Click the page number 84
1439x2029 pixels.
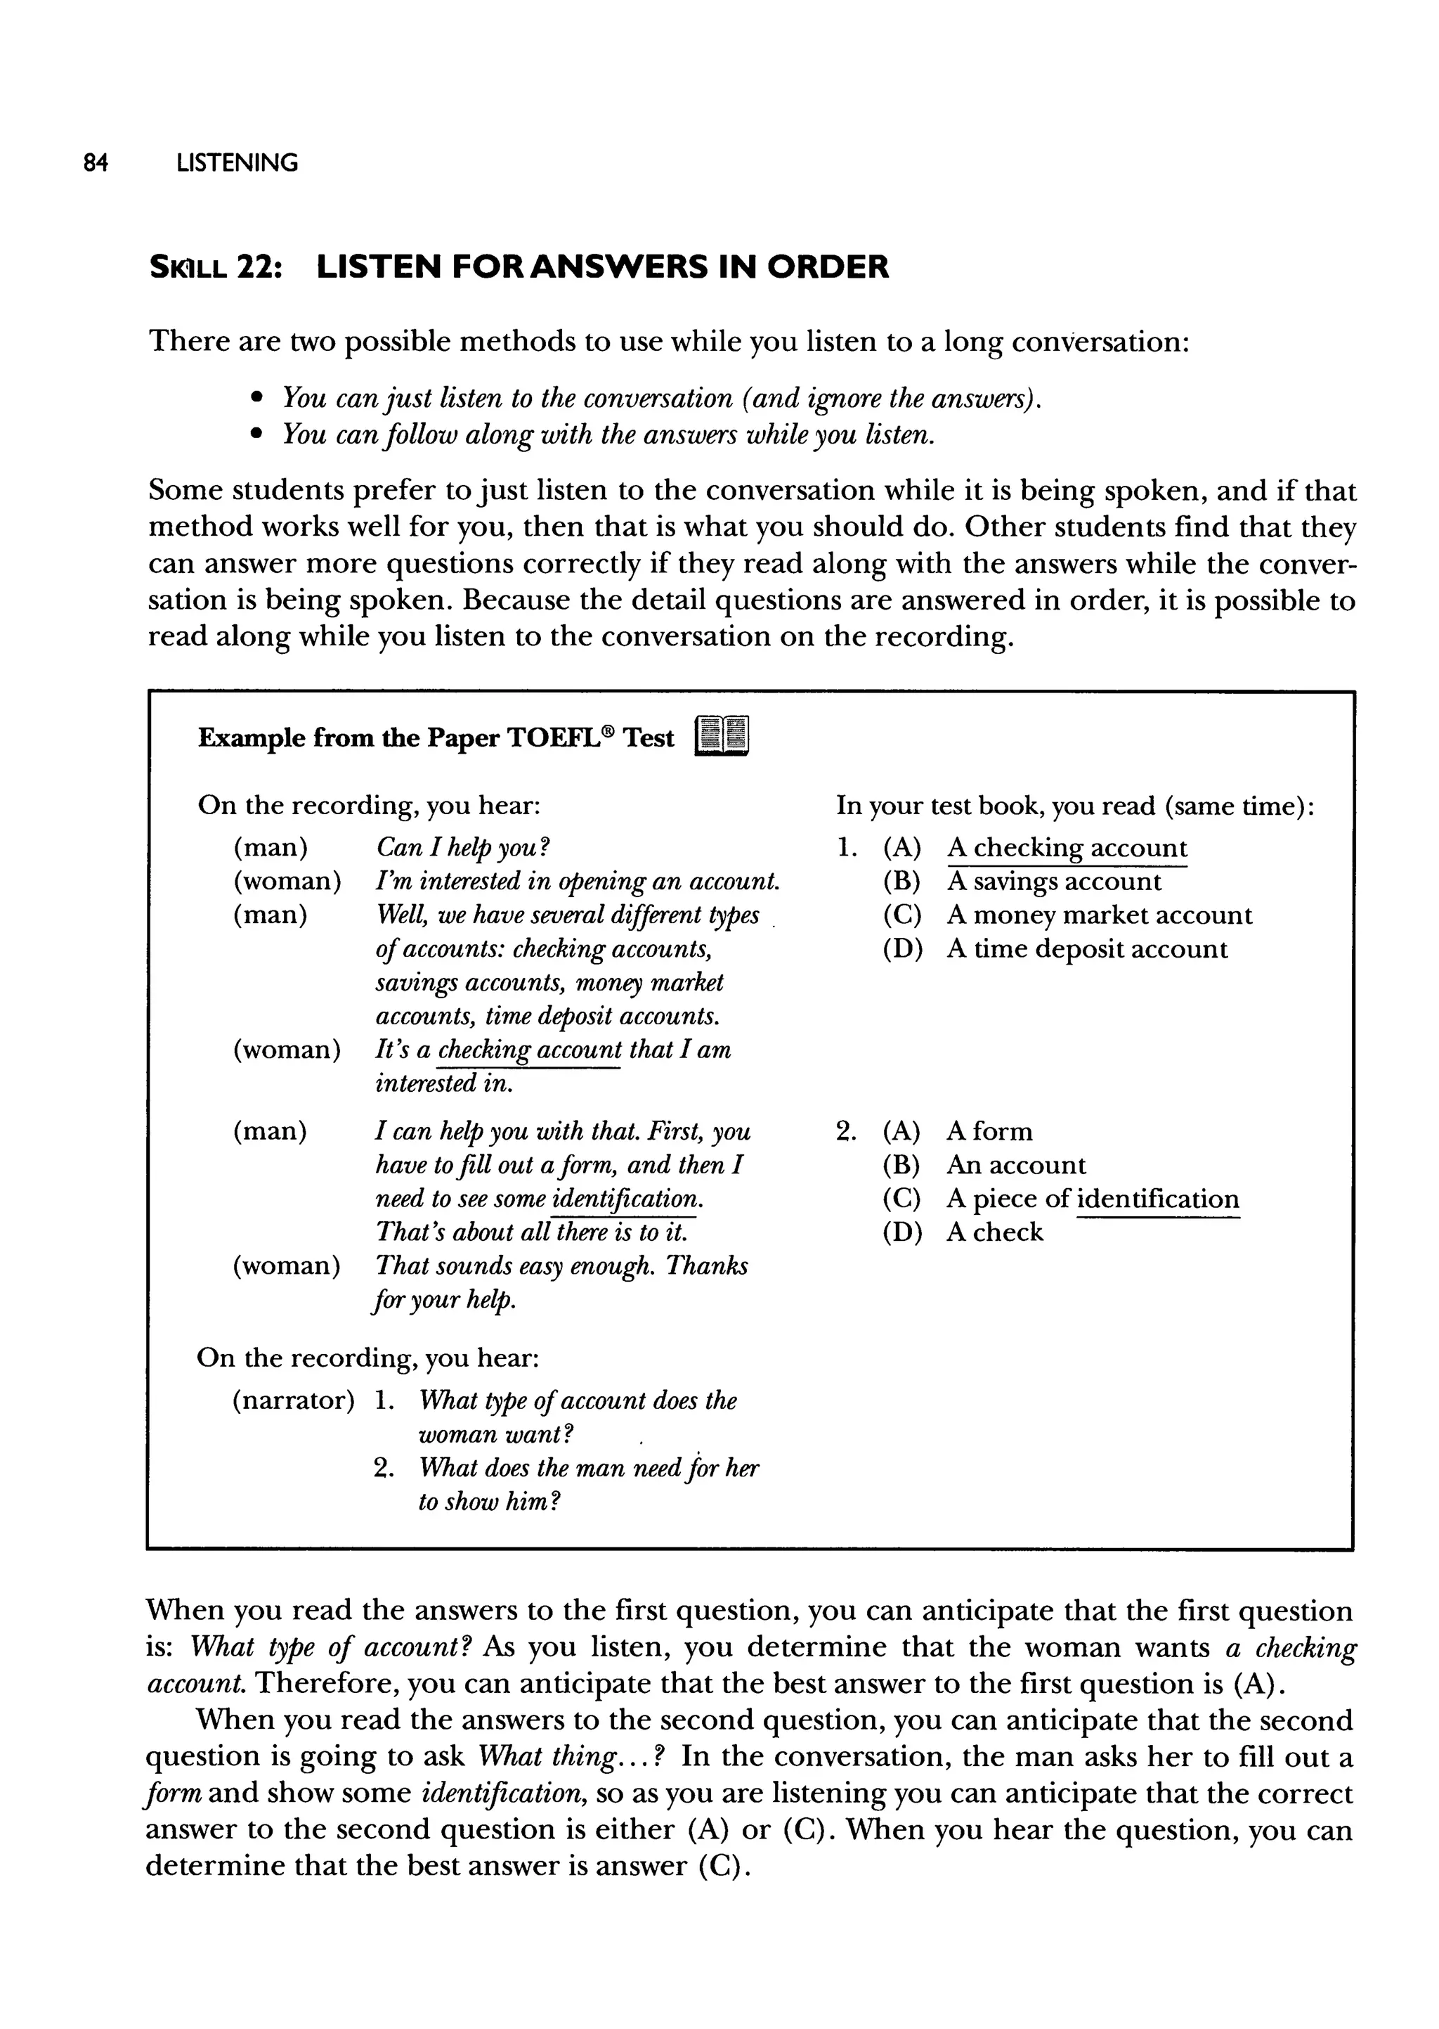click(x=95, y=163)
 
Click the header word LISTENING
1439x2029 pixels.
click(x=237, y=163)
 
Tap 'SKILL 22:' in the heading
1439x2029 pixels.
click(x=215, y=267)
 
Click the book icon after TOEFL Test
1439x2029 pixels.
click(x=722, y=737)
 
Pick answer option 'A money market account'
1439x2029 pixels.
click(x=1099, y=915)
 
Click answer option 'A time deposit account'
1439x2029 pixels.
click(x=1086, y=948)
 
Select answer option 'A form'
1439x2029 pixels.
click(x=989, y=1131)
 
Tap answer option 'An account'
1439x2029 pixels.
click(x=1015, y=1165)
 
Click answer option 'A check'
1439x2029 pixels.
click(x=994, y=1232)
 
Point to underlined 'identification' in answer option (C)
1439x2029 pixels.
click(x=1157, y=1199)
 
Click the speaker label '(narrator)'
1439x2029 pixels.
click(x=292, y=1400)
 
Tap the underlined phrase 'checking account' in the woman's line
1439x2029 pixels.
click(x=529, y=1050)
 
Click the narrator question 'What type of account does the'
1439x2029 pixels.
click(x=577, y=1400)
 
